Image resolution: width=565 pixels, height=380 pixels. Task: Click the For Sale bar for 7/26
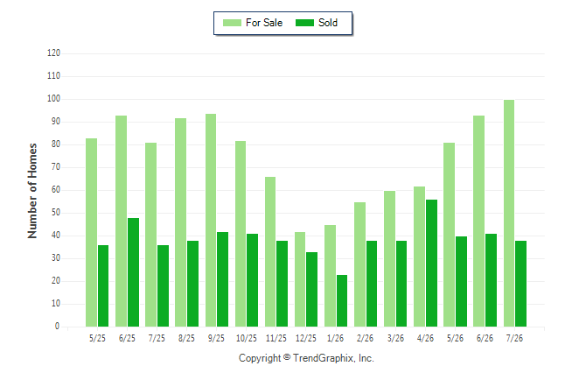click(509, 214)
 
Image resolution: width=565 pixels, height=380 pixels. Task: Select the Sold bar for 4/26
click(431, 263)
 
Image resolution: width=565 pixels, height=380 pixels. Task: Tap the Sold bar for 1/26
click(342, 301)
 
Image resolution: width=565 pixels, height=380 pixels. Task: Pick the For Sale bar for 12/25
click(300, 279)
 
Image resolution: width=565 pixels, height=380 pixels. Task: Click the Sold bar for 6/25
click(133, 272)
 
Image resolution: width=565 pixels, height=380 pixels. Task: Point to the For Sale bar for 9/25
click(211, 221)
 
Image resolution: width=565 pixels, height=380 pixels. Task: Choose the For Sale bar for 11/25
click(270, 252)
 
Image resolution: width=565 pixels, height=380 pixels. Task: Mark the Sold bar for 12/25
click(312, 290)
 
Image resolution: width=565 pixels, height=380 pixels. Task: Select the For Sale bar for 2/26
click(359, 264)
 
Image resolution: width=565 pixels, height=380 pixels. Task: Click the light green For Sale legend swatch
click(232, 23)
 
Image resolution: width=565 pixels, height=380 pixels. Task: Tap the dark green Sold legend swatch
click(305, 23)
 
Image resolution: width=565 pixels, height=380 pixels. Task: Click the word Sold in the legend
click(328, 23)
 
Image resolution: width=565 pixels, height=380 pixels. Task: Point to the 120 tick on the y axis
click(53, 53)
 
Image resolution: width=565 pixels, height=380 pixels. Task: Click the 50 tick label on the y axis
click(55, 213)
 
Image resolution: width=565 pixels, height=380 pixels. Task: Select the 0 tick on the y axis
click(58, 327)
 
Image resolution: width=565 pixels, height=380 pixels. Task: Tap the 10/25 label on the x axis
click(247, 338)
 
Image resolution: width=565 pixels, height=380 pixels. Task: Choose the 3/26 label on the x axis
click(395, 338)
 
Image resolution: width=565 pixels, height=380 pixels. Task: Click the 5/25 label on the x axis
click(97, 338)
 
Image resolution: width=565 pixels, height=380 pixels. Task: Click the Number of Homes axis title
click(32, 191)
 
